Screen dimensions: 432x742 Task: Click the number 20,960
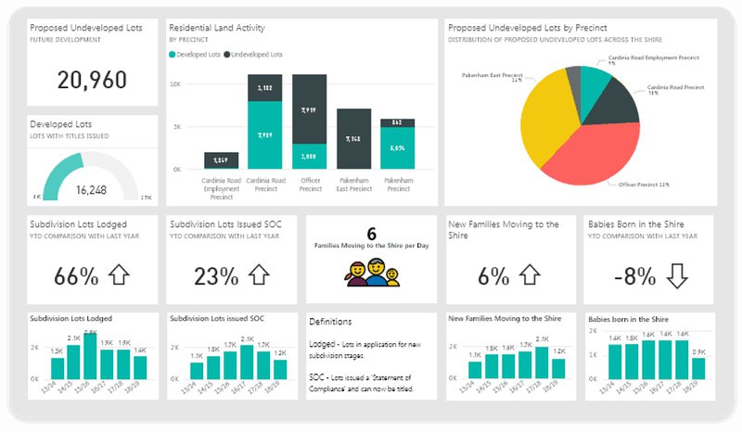click(91, 80)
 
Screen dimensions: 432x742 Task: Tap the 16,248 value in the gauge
click(90, 189)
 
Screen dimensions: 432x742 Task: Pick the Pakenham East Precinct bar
click(353, 138)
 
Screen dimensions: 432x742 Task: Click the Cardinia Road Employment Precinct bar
click(221, 160)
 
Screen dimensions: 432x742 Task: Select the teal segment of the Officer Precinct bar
click(309, 156)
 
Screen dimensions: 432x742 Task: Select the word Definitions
click(331, 320)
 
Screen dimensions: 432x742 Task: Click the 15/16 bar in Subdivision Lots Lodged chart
click(90, 358)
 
